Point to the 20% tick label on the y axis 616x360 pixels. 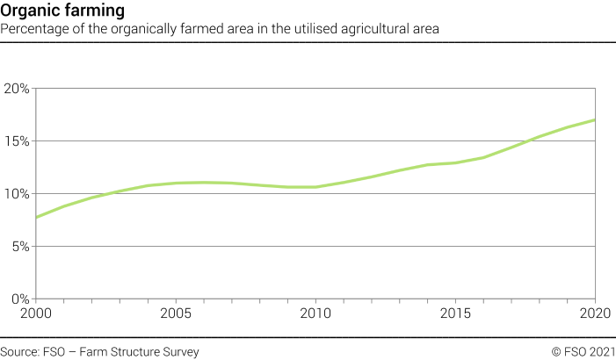click(18, 89)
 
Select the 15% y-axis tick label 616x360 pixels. click(18, 141)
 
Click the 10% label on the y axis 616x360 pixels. click(18, 194)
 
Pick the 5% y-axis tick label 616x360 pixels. click(20, 247)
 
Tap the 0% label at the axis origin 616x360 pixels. click(20, 299)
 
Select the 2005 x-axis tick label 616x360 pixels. click(177, 313)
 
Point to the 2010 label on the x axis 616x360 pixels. click(316, 313)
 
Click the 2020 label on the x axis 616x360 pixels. click(595, 313)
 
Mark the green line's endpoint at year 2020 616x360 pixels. click(595, 120)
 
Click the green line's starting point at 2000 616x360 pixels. click(37, 217)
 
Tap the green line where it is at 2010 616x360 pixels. click(316, 187)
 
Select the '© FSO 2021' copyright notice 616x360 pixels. click(583, 352)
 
